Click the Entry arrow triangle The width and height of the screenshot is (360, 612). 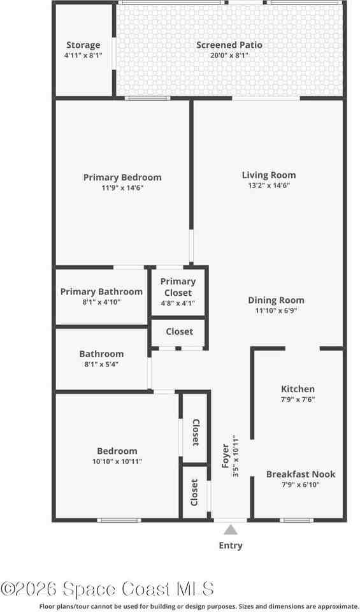click(231, 530)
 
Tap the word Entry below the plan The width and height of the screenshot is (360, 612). click(231, 546)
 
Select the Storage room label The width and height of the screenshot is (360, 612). click(83, 45)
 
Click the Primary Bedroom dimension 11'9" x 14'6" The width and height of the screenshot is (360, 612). click(122, 188)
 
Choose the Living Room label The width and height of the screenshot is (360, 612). click(269, 175)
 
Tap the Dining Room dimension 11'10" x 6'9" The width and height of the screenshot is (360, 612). click(276, 310)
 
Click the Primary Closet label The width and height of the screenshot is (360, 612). click(178, 287)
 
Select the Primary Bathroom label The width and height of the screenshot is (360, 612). click(101, 291)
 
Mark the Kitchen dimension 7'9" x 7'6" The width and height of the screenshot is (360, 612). click(298, 400)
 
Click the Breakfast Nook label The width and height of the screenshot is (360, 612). click(301, 474)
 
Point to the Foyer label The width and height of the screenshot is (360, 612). click(226, 456)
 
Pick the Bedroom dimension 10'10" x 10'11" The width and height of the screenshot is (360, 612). click(117, 461)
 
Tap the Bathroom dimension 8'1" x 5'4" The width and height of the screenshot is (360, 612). click(101, 364)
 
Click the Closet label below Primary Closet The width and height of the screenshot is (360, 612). click(179, 331)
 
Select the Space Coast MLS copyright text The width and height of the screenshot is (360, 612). click(107, 589)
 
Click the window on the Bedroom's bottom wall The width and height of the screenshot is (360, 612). click(119, 520)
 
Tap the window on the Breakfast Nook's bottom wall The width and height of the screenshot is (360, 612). click(296, 520)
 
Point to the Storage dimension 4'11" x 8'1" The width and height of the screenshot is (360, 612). click(83, 55)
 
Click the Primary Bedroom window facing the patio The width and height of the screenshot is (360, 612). click(147, 98)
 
